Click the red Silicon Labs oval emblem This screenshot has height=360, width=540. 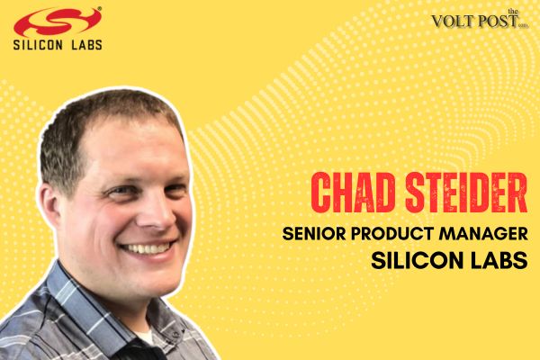pyautogui.click(x=57, y=20)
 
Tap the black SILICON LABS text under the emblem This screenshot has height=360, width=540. pyautogui.click(x=56, y=43)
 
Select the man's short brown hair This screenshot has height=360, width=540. pyautogui.click(x=108, y=117)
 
